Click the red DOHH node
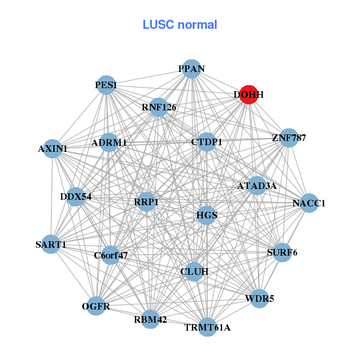click(x=249, y=95)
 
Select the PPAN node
click(x=191, y=69)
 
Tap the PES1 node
click(x=106, y=86)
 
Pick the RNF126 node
click(x=159, y=107)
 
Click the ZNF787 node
click(x=289, y=137)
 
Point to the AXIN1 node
click(x=53, y=148)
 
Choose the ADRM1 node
click(x=109, y=143)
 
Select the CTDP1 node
click(x=206, y=142)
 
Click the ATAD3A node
click(x=257, y=186)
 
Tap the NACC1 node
click(x=309, y=203)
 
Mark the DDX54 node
click(x=76, y=196)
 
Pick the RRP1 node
click(x=146, y=202)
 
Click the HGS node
click(x=206, y=215)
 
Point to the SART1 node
click(x=51, y=244)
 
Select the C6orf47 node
click(x=110, y=255)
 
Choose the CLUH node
click(x=194, y=272)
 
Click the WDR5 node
click(x=259, y=298)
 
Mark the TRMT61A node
click(x=207, y=327)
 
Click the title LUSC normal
click(x=180, y=25)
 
